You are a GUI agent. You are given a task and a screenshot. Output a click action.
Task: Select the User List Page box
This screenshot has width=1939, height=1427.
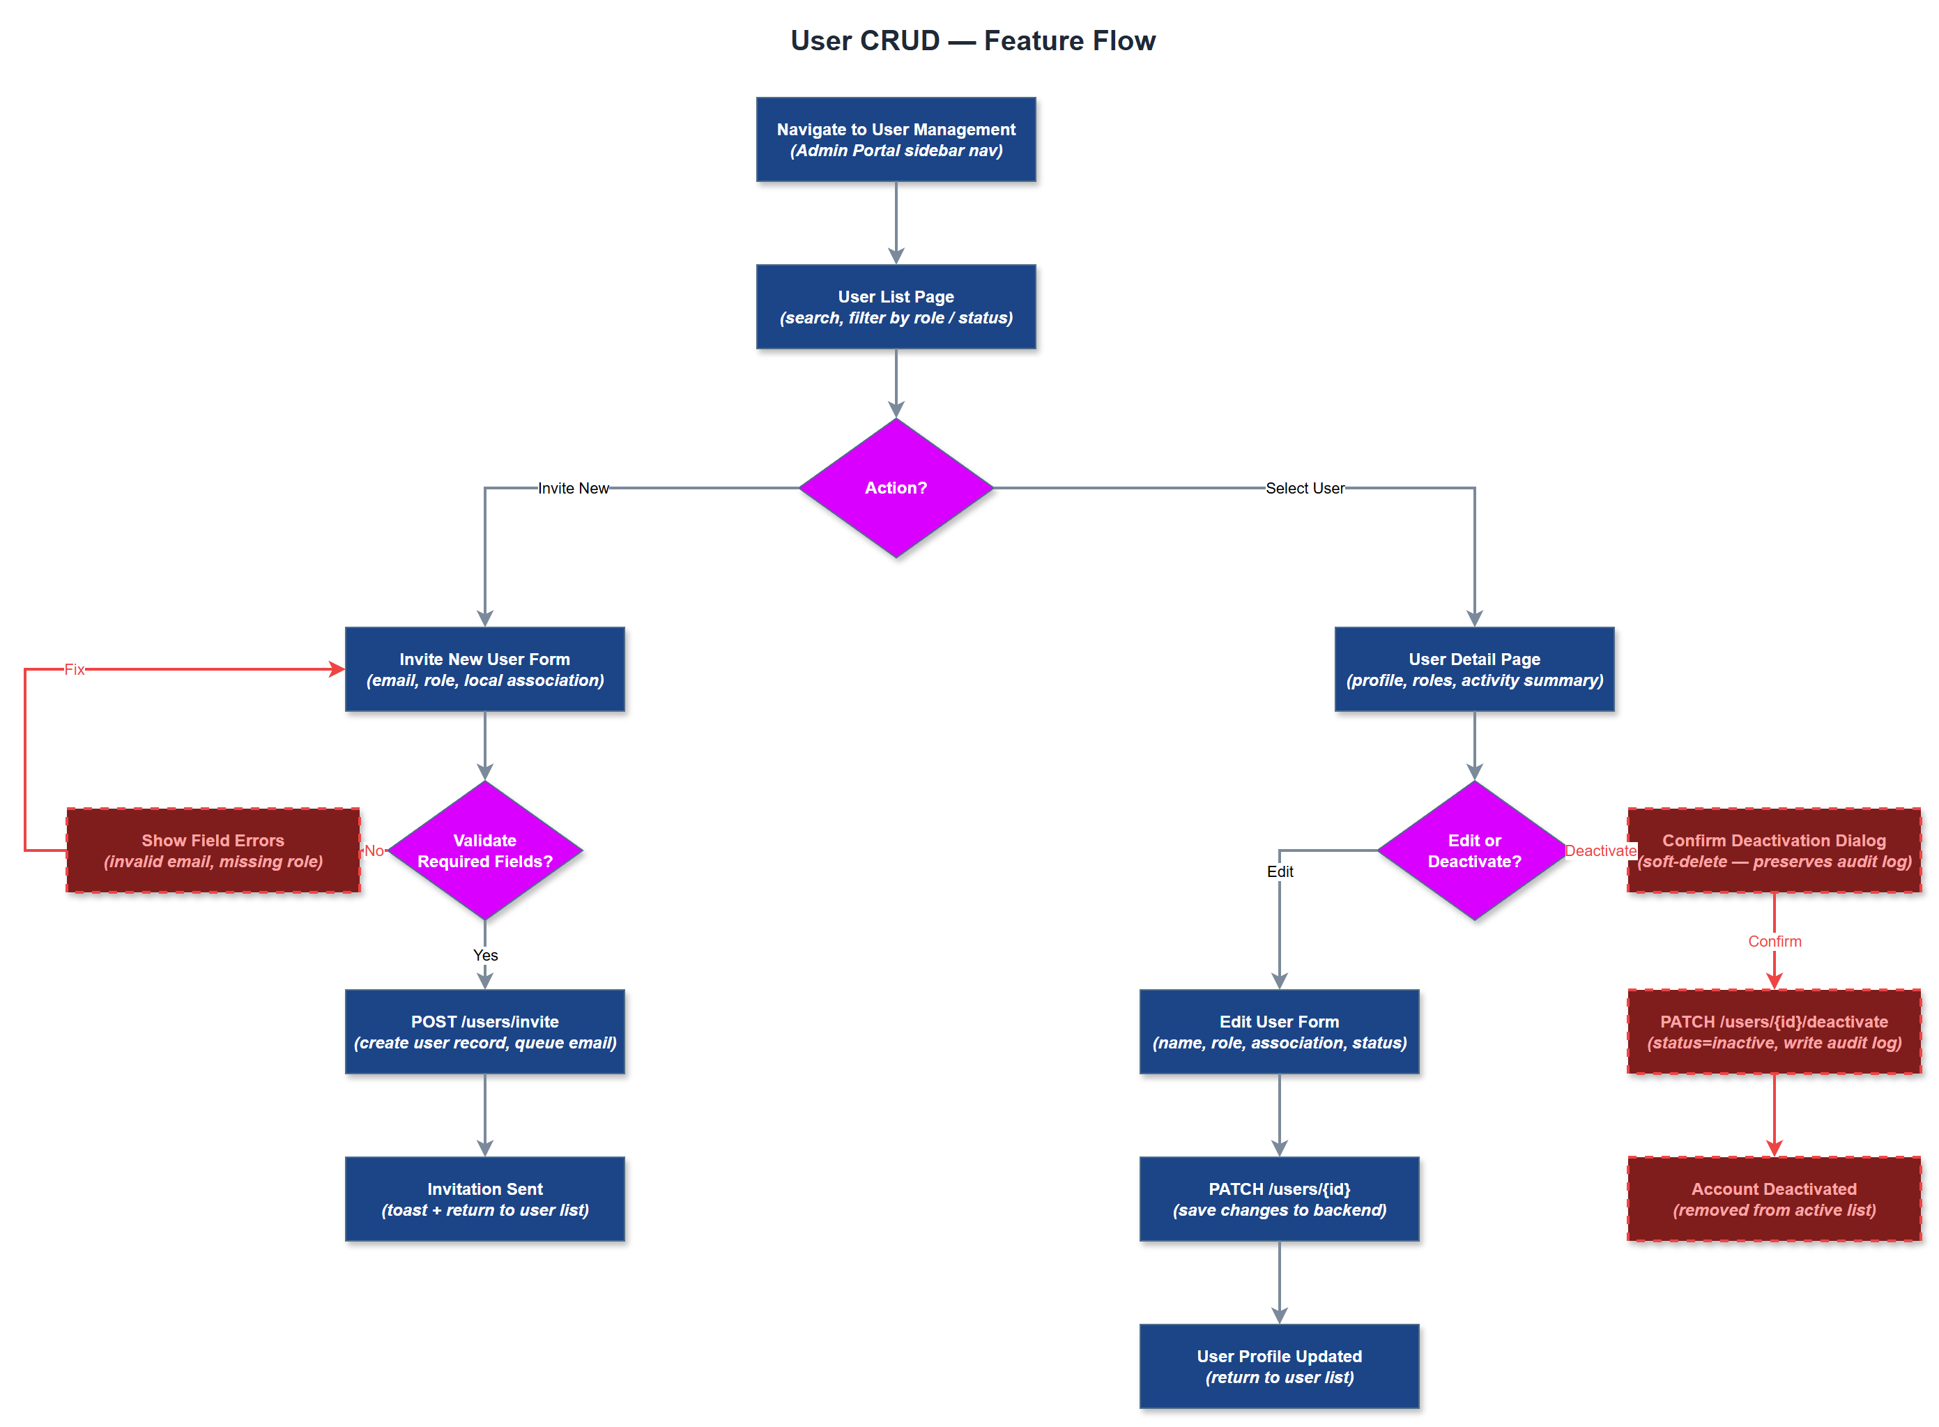tap(896, 307)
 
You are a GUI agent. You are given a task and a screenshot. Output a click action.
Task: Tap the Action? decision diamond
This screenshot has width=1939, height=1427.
tap(896, 488)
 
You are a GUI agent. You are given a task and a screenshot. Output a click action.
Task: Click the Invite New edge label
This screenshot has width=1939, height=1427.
tap(573, 488)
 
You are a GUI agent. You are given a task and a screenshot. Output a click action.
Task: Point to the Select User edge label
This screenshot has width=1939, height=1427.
tap(1304, 488)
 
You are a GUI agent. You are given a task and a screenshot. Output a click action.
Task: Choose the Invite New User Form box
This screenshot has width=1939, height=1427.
tap(484, 669)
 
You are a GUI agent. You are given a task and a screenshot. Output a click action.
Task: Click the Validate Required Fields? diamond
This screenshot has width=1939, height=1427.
tap(484, 851)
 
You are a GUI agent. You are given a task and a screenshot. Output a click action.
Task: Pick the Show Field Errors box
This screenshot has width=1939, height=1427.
tap(213, 851)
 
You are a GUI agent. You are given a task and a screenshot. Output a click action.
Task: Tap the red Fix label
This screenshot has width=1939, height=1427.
tap(75, 669)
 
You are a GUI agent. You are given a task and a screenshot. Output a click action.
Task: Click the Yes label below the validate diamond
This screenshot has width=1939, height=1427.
tap(485, 955)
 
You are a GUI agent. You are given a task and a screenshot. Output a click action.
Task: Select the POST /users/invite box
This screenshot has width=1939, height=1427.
tap(484, 1032)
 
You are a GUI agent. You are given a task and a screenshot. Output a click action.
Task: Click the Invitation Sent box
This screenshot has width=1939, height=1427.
tap(484, 1200)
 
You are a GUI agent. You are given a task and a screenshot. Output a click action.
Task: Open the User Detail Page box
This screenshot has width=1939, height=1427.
tap(1474, 669)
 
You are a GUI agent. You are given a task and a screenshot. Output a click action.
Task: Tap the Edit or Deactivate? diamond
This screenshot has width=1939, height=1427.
tap(1474, 851)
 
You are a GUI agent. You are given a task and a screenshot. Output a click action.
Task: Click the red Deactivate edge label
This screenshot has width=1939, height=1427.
tap(1600, 851)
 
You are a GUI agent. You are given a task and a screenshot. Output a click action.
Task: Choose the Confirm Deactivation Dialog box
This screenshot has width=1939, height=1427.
tap(1774, 851)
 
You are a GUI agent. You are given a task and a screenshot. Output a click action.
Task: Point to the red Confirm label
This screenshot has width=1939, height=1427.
tap(1774, 942)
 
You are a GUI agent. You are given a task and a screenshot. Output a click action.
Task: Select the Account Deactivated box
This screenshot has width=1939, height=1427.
tap(1774, 1200)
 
